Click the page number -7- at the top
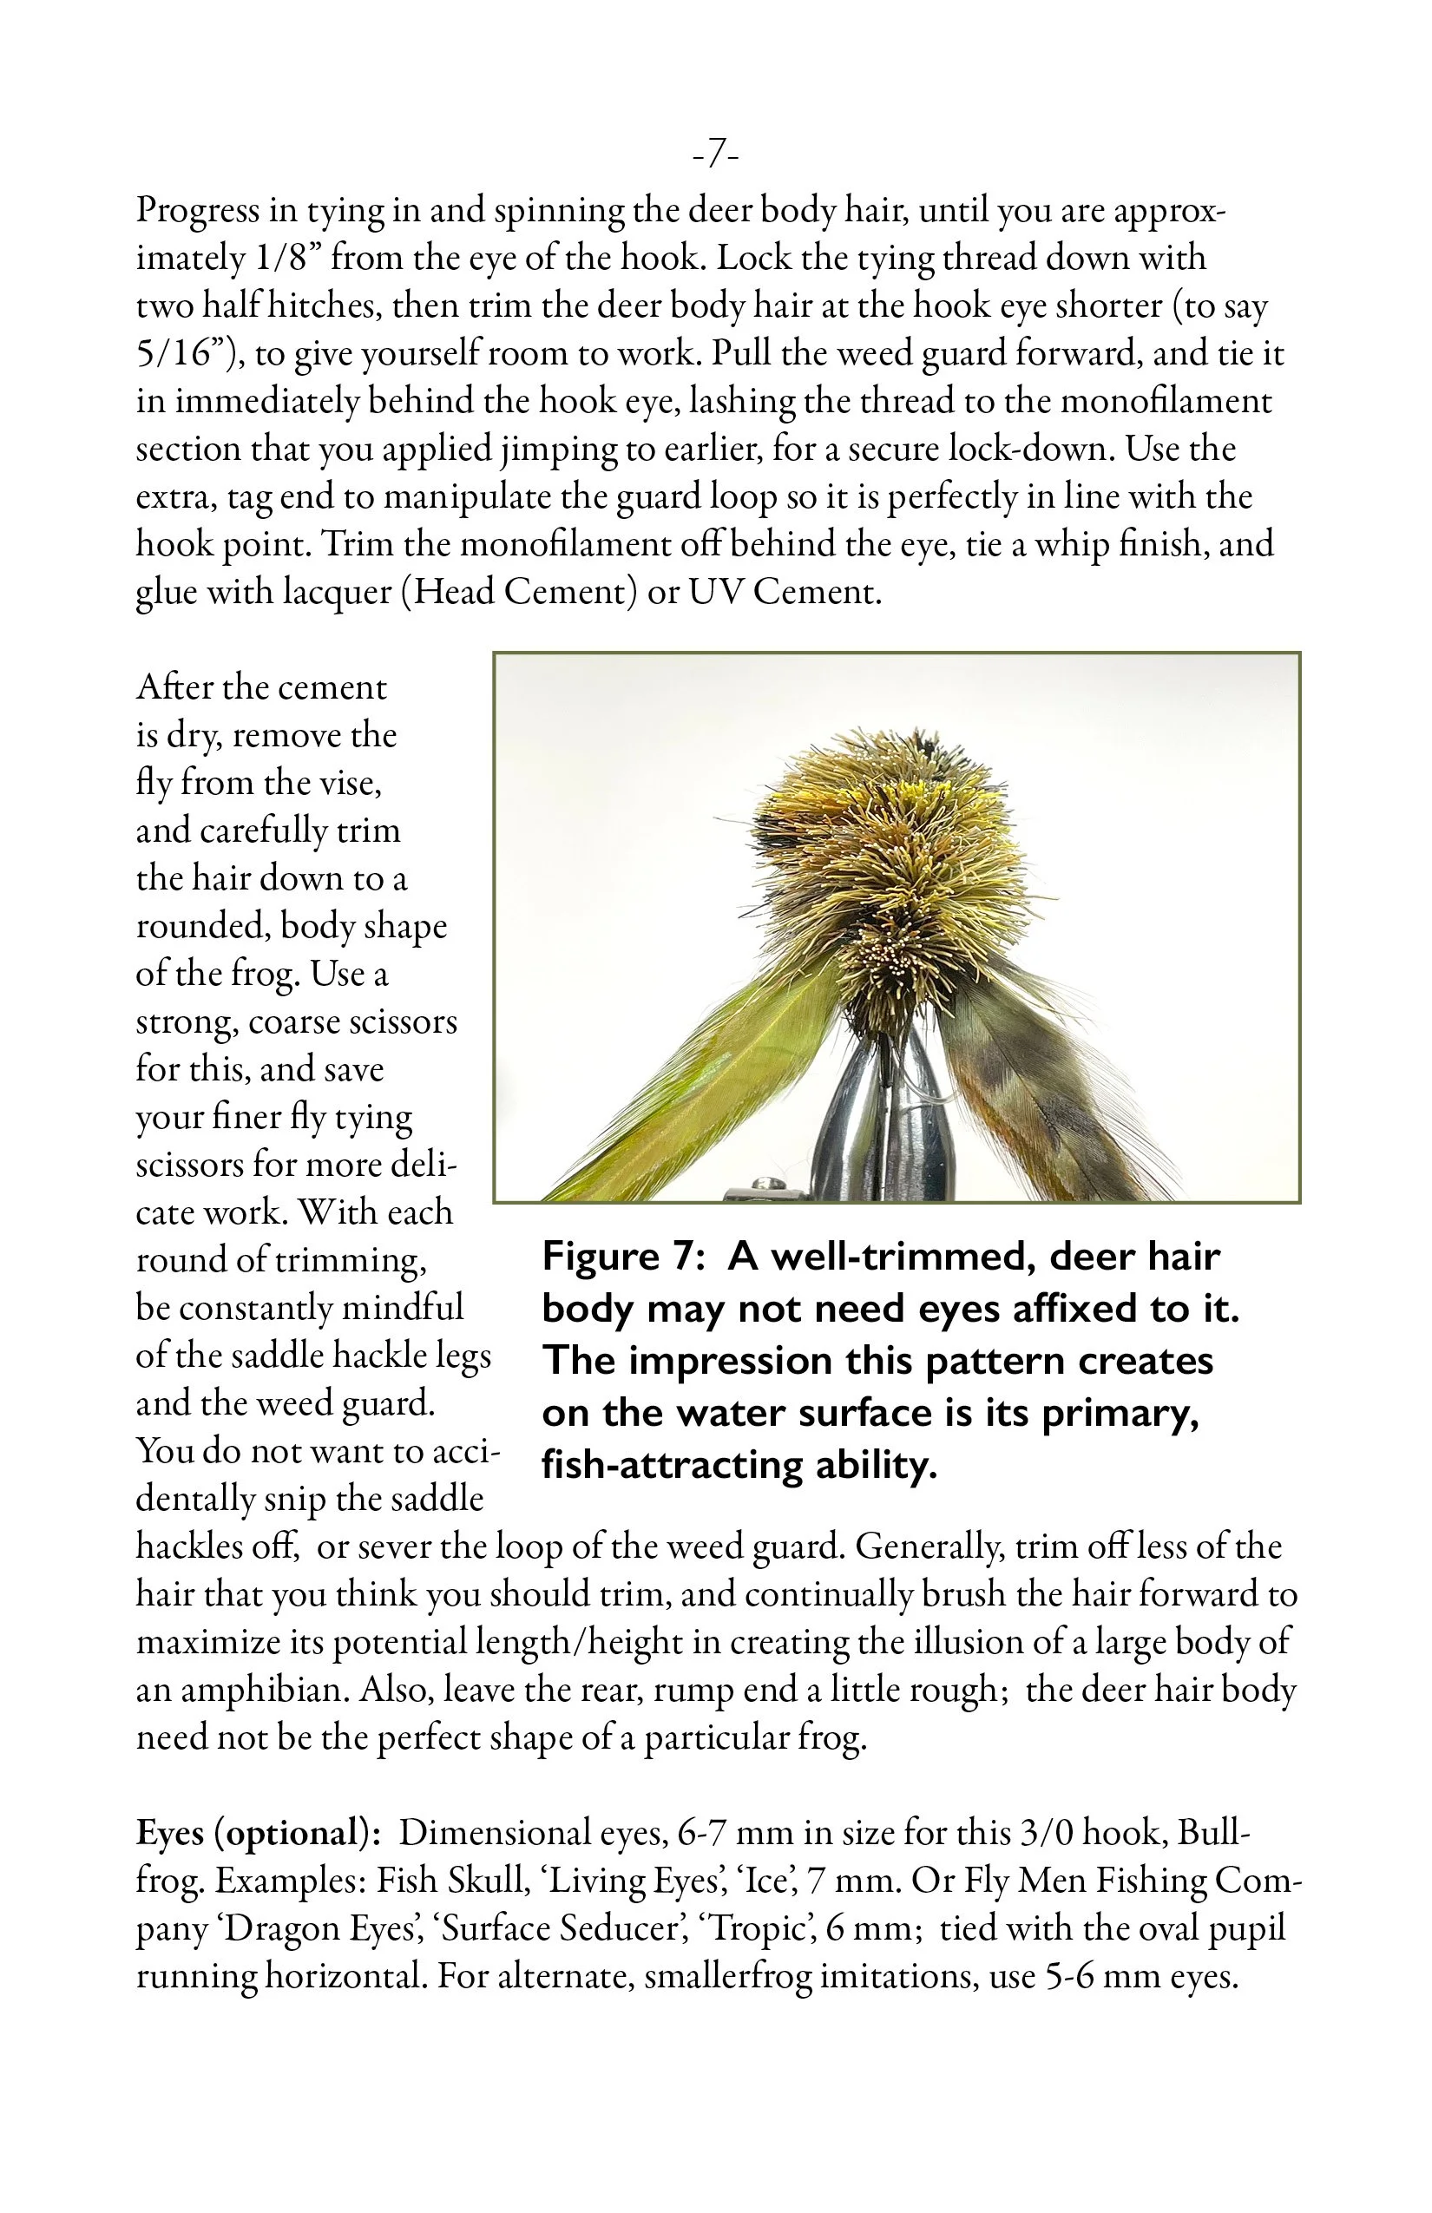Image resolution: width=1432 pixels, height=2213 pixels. (715, 154)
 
